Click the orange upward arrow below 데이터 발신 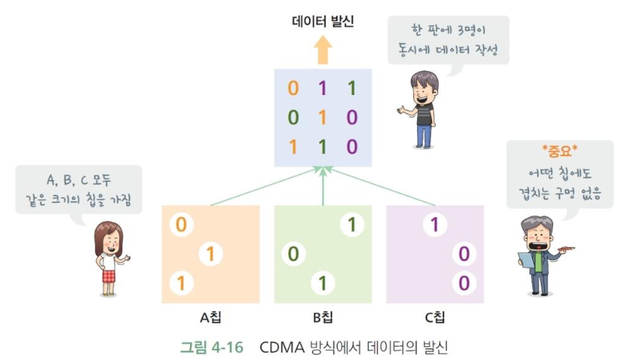pyautogui.click(x=322, y=50)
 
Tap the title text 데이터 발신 pyautogui.click(x=323, y=22)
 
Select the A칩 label pyautogui.click(x=210, y=318)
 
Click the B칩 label pyautogui.click(x=322, y=318)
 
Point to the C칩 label pyautogui.click(x=435, y=318)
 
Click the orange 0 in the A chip pyautogui.click(x=182, y=225)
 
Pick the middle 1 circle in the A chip pyautogui.click(x=210, y=254)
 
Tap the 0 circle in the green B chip pyautogui.click(x=294, y=254)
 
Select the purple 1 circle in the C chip pyautogui.click(x=434, y=225)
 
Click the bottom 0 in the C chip pyautogui.click(x=464, y=284)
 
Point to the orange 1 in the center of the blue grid pyautogui.click(x=322, y=117)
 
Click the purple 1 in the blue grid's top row pyautogui.click(x=322, y=88)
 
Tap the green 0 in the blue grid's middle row pyautogui.click(x=293, y=117)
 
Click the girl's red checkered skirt pyautogui.click(x=109, y=276)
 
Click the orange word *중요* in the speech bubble pyautogui.click(x=559, y=151)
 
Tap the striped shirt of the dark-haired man pyautogui.click(x=424, y=114)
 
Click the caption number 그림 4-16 pyautogui.click(x=212, y=347)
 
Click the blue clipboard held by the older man pyautogui.click(x=526, y=260)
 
